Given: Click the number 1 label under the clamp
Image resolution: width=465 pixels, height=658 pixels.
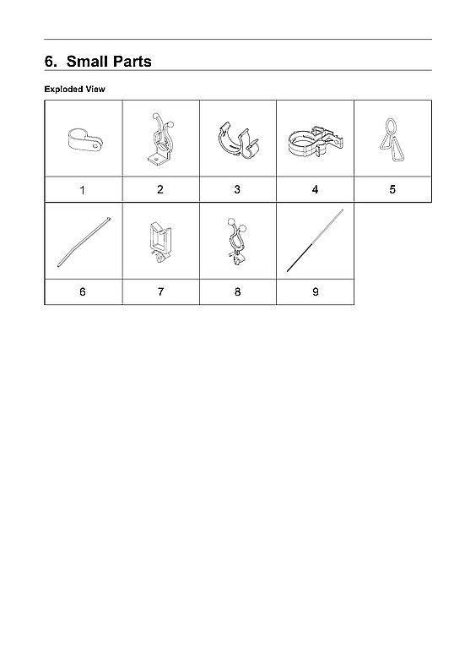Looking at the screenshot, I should tap(82, 190).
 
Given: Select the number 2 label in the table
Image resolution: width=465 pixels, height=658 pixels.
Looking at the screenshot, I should tap(160, 189).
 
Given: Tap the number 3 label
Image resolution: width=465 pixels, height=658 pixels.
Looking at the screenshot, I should tap(237, 189).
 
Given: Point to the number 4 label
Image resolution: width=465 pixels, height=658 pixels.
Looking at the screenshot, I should tap(315, 189).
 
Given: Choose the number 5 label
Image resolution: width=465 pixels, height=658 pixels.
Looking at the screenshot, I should tap(392, 189).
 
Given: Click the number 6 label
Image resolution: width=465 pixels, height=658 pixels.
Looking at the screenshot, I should tap(82, 291).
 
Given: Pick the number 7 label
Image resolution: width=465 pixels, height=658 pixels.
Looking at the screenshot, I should tap(160, 291).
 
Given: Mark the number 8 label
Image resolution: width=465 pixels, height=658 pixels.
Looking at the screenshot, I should tap(237, 291).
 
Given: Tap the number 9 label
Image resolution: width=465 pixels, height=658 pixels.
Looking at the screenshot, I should tap(315, 291).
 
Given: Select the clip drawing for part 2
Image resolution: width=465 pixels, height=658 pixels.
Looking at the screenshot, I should tap(161, 139).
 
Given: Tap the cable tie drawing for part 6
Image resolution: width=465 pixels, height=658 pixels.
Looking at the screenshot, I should tap(84, 241).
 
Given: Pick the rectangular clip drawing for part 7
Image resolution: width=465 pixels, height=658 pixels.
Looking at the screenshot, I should tap(160, 241).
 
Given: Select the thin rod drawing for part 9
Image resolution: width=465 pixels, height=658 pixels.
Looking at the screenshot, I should tap(315, 240).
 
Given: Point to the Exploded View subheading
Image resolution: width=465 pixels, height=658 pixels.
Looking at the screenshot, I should tap(74, 89).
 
